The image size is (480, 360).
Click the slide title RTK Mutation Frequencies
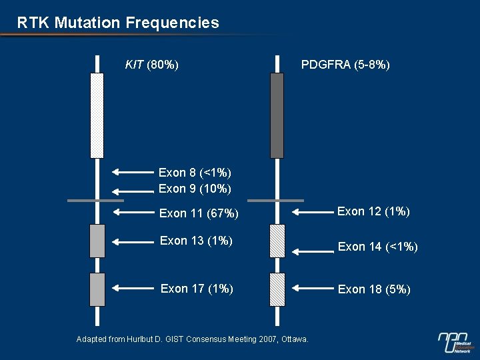point(118,23)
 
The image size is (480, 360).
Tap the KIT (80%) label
point(151,65)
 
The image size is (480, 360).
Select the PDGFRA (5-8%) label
point(345,65)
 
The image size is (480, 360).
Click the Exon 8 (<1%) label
point(195,173)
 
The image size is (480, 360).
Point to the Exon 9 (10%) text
point(195,189)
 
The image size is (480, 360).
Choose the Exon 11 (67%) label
point(199,213)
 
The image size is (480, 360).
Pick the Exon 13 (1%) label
point(196,241)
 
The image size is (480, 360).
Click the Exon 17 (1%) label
point(197,289)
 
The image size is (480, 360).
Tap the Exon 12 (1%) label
point(373,211)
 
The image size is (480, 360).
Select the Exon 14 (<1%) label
point(377,247)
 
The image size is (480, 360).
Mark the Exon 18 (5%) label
point(374,289)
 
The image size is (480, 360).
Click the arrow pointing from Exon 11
point(133,213)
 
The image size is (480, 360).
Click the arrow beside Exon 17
point(133,289)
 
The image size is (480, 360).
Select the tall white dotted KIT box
point(97,115)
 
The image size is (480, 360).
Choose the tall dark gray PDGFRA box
point(277,115)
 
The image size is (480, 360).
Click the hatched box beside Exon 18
point(277,289)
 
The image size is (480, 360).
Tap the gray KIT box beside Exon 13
point(97,241)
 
